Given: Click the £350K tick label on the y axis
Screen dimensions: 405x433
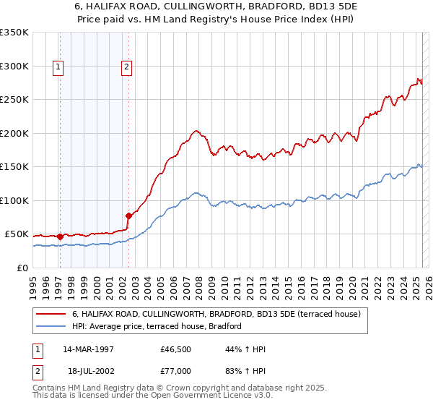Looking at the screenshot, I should [14, 33].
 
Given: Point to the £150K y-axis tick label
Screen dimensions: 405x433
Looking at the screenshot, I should [14, 167].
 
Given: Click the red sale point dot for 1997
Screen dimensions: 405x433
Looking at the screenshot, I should [61, 236].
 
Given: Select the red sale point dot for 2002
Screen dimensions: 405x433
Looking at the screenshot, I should [129, 216].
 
